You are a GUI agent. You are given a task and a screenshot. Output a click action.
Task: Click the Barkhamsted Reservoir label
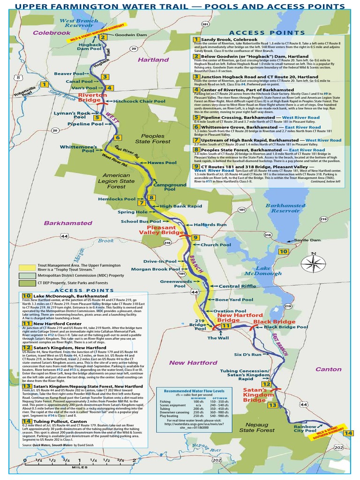click(x=282, y=208)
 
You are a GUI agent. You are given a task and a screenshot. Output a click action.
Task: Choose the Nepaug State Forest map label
click(x=257, y=427)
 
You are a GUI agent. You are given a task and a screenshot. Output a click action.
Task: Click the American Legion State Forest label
click(x=114, y=181)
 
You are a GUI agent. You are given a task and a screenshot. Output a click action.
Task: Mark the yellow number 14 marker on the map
click(x=347, y=433)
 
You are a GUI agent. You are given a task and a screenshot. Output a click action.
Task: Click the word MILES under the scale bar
click(x=79, y=467)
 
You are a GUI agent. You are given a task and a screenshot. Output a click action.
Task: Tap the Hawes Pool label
click(x=162, y=163)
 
